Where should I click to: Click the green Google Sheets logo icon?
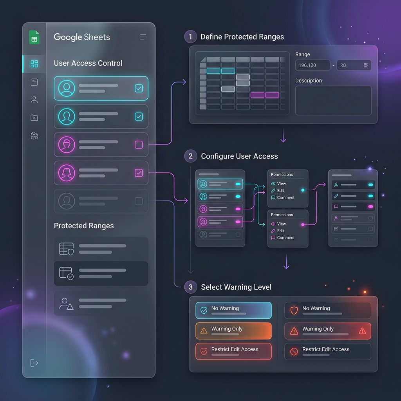[x=34, y=37]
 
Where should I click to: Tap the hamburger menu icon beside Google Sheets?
[x=143, y=37]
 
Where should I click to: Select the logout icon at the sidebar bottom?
[x=34, y=363]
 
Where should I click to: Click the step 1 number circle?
[x=191, y=36]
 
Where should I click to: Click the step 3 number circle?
[x=191, y=287]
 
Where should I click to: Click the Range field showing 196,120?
[x=312, y=65]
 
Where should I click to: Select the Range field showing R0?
[x=354, y=65]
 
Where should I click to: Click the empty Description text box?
[x=333, y=101]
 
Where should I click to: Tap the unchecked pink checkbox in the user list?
[x=139, y=145]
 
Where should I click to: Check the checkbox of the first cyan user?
[x=139, y=89]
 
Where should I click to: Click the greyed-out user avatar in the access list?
[x=67, y=201]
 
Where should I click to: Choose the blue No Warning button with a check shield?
[x=233, y=311]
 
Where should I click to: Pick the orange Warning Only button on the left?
[x=233, y=331]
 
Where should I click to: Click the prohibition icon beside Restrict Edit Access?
[x=294, y=352]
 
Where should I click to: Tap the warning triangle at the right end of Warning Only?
[x=362, y=331]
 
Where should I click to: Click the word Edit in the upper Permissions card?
[x=280, y=191]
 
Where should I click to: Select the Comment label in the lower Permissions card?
[x=285, y=238]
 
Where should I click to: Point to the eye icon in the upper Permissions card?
[x=273, y=184]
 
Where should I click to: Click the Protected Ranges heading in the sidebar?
[x=84, y=226]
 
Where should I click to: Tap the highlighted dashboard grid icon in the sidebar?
[x=34, y=64]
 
